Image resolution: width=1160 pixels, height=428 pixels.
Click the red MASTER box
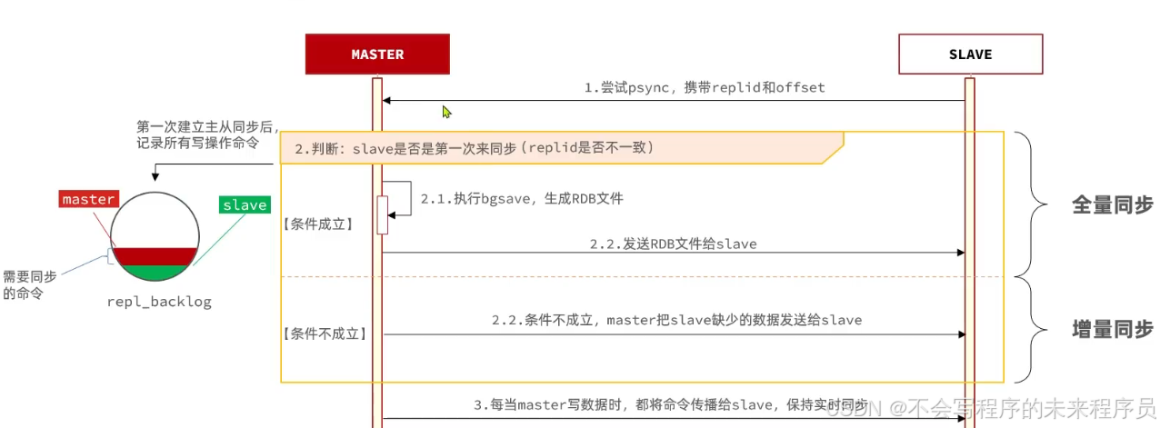tap(377, 55)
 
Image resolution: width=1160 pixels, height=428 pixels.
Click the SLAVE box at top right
tap(969, 55)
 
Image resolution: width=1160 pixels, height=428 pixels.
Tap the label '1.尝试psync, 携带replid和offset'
tap(705, 88)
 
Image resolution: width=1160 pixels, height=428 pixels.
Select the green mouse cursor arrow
tap(446, 112)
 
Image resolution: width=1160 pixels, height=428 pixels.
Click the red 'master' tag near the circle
tap(88, 199)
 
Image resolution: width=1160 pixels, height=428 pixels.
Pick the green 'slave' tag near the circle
tap(245, 204)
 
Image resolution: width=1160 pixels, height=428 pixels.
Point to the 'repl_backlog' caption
tap(159, 302)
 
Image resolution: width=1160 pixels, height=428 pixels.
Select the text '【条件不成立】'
tap(324, 333)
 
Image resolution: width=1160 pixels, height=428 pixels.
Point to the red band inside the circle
tap(154, 255)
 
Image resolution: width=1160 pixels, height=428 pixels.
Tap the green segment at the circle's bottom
tap(154, 271)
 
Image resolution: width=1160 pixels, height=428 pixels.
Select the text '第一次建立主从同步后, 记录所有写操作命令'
tap(205, 134)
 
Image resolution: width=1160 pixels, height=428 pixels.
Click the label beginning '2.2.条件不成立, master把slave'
tap(676, 320)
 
